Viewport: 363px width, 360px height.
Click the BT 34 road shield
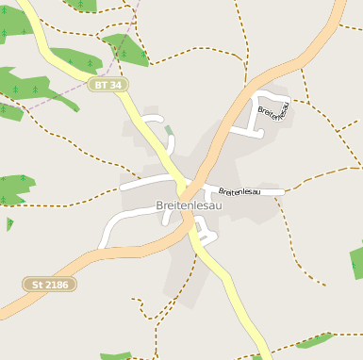(x=109, y=85)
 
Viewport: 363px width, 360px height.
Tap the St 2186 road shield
(x=49, y=284)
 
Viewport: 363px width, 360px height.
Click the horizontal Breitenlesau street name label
(x=233, y=191)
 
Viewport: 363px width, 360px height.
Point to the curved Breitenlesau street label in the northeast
(x=272, y=112)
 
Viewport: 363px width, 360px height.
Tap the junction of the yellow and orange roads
(x=188, y=222)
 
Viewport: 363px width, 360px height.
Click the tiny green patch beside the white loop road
(x=169, y=130)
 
